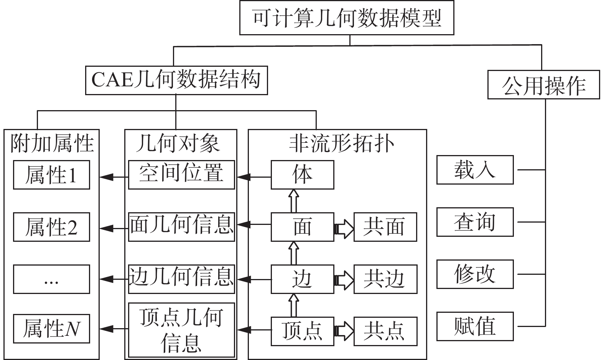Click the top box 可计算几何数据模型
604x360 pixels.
(x=347, y=18)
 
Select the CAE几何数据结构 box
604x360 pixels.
(x=177, y=81)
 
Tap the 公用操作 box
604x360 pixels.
(x=544, y=85)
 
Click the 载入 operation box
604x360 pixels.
(x=475, y=170)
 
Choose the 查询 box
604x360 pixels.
(x=475, y=222)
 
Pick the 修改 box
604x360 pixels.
(x=475, y=274)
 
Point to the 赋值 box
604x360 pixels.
(x=475, y=327)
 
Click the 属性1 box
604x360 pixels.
(x=51, y=175)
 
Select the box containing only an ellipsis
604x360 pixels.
(x=51, y=279)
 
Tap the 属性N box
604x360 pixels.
(x=51, y=329)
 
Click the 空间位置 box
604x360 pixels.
(x=181, y=175)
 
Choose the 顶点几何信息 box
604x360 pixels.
(x=181, y=330)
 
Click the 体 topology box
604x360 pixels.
(x=303, y=175)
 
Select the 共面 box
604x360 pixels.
(x=385, y=227)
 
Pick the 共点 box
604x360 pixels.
(x=385, y=331)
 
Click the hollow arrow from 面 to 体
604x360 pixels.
(x=294, y=201)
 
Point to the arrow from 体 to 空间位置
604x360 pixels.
(x=254, y=177)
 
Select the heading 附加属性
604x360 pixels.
(x=52, y=143)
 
